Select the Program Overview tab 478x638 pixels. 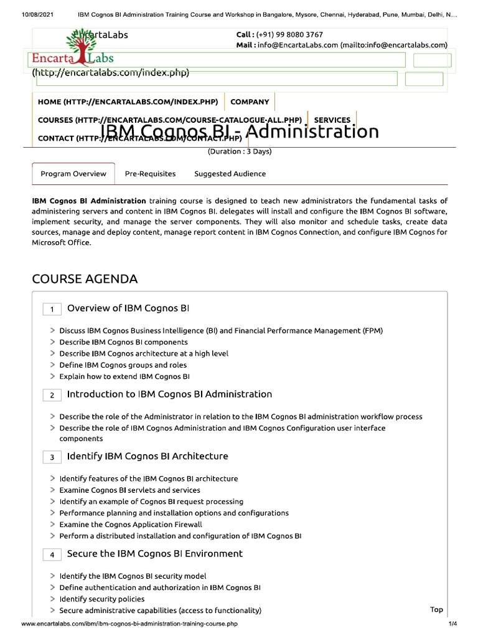point(73,174)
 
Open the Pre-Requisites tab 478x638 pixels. point(150,174)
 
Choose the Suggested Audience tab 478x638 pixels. point(230,174)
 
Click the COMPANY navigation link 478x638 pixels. point(250,102)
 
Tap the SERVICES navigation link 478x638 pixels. point(332,120)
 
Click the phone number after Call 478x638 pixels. point(289,35)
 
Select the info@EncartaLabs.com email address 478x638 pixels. point(296,45)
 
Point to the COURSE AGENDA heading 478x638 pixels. point(85,279)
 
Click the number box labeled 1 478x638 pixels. point(52,310)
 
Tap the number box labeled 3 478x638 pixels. point(52,457)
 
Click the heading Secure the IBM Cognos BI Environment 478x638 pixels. point(154,553)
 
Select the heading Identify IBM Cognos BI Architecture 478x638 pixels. point(148,456)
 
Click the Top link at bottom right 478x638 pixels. point(436,609)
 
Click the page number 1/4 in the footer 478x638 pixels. point(452,624)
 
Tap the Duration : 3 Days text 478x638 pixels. point(240,151)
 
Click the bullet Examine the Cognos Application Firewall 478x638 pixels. point(131,525)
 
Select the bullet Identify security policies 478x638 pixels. point(101,599)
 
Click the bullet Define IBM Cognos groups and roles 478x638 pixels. point(123,365)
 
